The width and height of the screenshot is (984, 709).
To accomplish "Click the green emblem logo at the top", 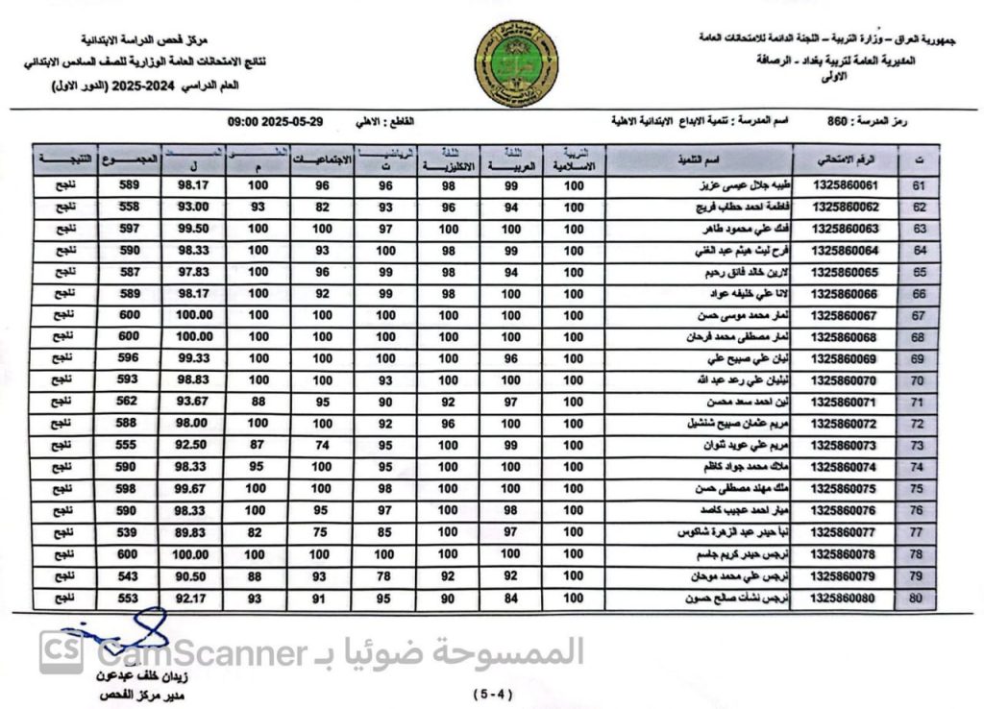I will click(x=517, y=65).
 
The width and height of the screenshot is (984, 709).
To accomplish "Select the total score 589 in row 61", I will click(x=125, y=185).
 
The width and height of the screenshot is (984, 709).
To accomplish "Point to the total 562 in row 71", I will click(x=125, y=402).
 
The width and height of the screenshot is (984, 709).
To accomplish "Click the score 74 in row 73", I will click(x=322, y=445).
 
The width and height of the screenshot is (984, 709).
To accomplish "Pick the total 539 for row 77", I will click(x=125, y=531).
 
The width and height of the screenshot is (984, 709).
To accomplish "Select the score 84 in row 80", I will click(x=511, y=597).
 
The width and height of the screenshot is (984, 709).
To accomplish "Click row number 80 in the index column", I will click(x=917, y=597).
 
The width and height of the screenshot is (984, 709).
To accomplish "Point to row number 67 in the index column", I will click(x=917, y=315).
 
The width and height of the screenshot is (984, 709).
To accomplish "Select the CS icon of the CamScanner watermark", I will click(x=61, y=653).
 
